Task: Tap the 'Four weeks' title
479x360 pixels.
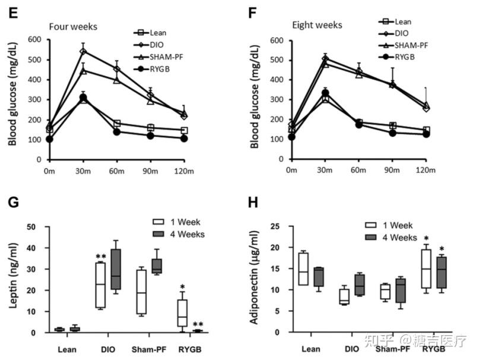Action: [74, 27]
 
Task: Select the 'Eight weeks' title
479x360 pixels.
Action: [316, 25]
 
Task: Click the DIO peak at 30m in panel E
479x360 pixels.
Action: [83, 51]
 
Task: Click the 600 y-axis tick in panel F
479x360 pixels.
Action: [275, 40]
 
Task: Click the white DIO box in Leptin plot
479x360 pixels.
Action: [101, 285]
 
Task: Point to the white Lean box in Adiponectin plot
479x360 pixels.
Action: [304, 269]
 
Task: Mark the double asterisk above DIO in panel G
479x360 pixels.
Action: [101, 257]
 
